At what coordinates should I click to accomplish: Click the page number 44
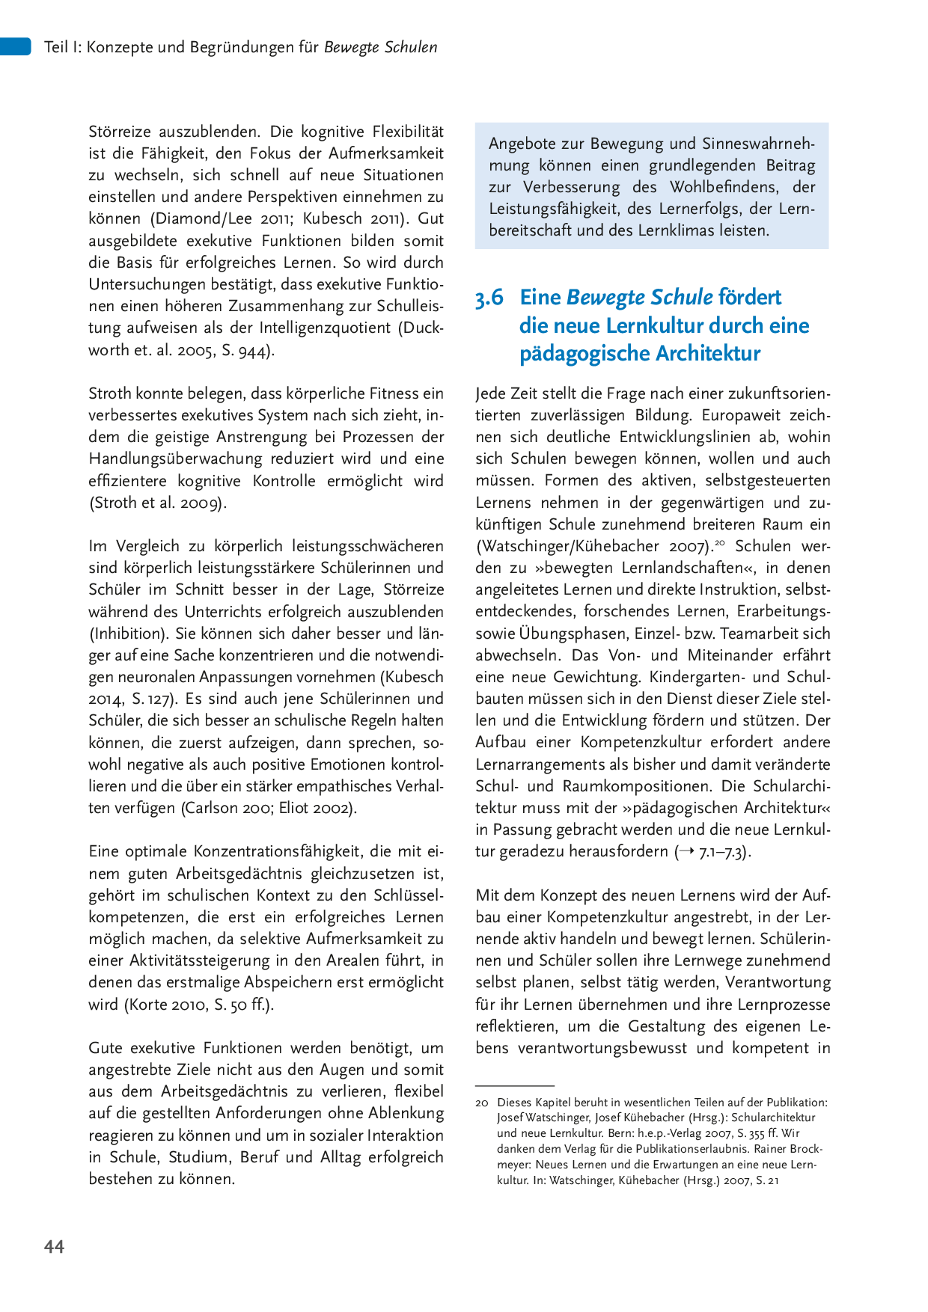(x=55, y=1246)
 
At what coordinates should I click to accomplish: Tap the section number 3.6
(x=489, y=298)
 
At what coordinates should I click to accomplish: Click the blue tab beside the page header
(x=15, y=46)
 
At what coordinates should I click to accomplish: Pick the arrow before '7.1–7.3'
(x=686, y=851)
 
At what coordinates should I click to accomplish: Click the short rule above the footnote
(x=514, y=1085)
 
